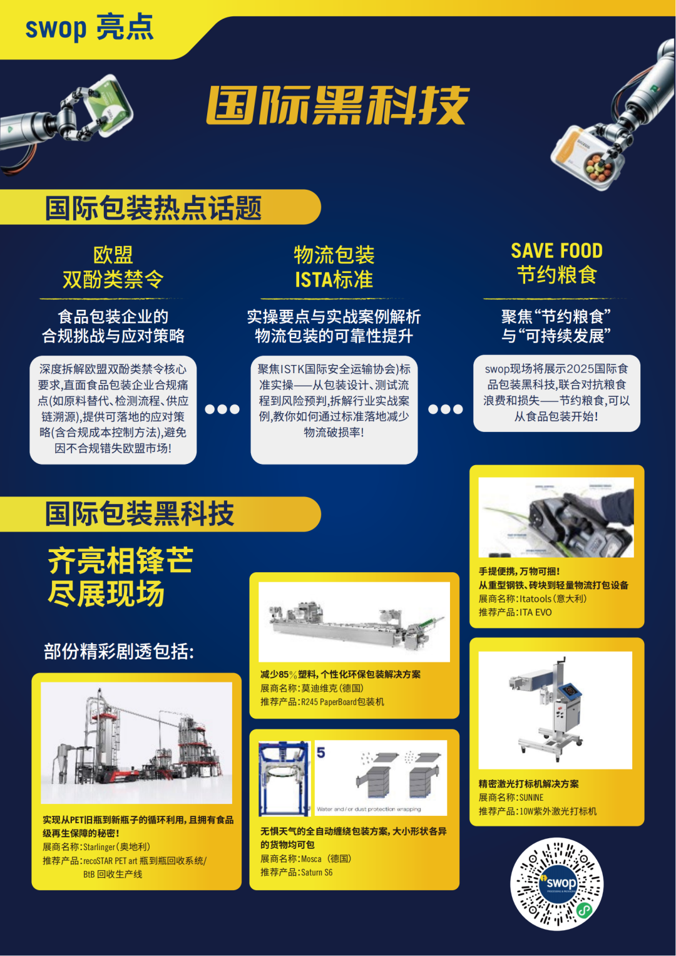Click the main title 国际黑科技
pos(337,105)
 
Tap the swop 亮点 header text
pos(89,28)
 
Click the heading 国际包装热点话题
pos(153,208)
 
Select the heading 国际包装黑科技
pos(140,514)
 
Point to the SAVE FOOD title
pos(556,251)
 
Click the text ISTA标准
pos(334,279)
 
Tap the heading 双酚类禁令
pos(113,279)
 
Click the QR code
pos(557,883)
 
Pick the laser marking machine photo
pos(555,710)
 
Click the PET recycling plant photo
pos(136,743)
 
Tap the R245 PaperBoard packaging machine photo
pos(354,622)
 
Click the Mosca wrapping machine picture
pos(353,778)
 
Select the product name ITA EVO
pos(535,612)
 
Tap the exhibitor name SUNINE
pos(531,798)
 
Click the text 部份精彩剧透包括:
pos(119,652)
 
